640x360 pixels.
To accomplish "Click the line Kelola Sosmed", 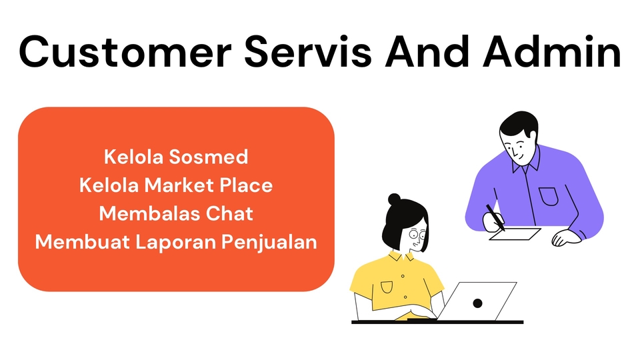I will [176, 157].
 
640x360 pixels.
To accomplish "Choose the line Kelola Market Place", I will [176, 185].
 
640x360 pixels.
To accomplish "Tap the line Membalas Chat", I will [176, 213].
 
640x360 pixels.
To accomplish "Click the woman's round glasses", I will [417, 234].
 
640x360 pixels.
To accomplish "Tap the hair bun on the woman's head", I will [395, 199].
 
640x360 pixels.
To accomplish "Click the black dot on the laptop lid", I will [477, 303].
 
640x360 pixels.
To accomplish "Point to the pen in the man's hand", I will [495, 217].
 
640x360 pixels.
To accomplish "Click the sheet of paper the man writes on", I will [515, 234].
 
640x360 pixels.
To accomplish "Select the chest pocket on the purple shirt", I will [548, 196].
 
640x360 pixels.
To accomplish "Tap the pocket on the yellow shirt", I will [387, 287].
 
